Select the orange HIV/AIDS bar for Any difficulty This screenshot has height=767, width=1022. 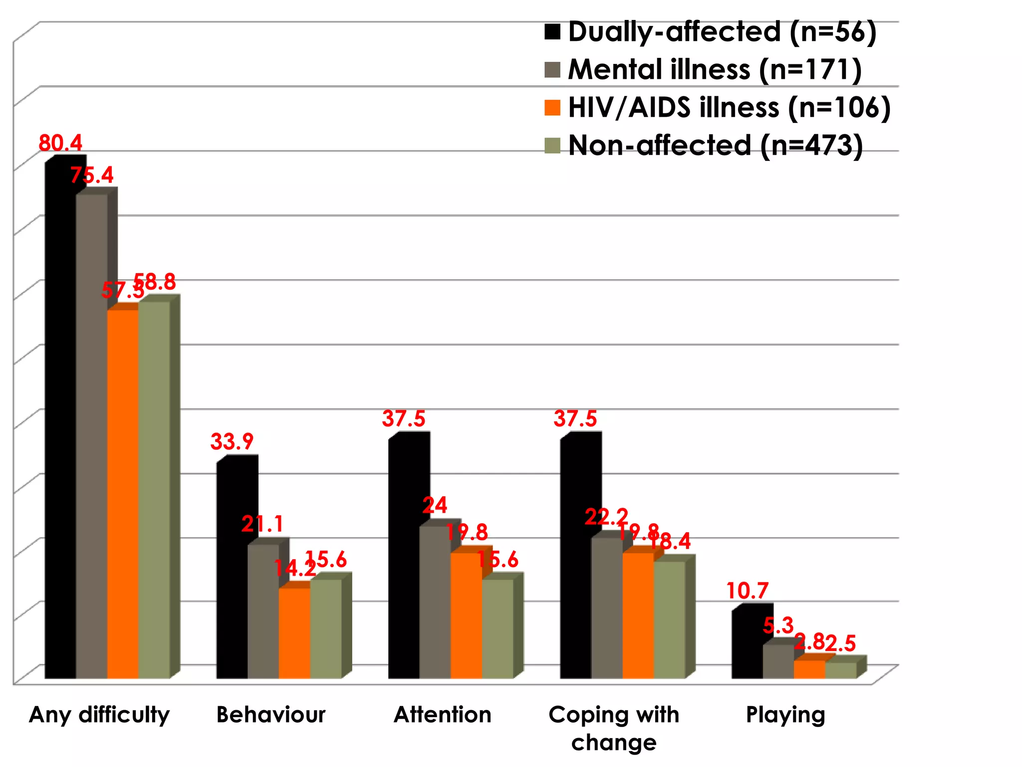(123, 494)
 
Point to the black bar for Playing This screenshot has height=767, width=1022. (747, 644)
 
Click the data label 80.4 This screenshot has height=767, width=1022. (60, 143)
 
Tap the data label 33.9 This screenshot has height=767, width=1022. (232, 442)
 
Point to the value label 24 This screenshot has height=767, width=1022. (435, 506)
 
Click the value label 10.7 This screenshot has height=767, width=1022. (747, 591)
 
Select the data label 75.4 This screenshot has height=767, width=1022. (92, 175)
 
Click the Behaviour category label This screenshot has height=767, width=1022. (270, 715)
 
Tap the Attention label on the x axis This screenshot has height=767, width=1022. (442, 715)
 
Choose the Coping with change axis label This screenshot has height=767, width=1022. (614, 728)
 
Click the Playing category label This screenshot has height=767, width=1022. (785, 715)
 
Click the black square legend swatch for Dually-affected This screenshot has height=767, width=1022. (552, 31)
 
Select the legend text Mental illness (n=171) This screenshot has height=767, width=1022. (715, 69)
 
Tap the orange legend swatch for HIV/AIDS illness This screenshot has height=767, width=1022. (552, 108)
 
